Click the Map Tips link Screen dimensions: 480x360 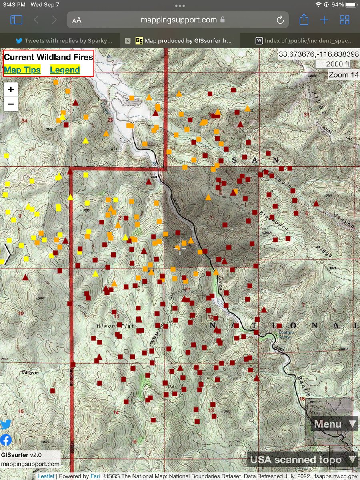(22, 70)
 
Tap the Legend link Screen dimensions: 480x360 (65, 70)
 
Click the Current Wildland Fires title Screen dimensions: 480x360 (48, 57)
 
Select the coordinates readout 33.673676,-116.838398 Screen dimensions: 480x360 (318, 54)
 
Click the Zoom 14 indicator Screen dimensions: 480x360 (344, 75)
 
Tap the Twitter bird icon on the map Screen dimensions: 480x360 (6, 425)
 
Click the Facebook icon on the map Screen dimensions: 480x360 (6, 440)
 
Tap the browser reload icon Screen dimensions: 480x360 (280, 20)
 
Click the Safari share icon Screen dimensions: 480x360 (304, 20)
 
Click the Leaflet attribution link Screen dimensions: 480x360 (46, 476)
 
